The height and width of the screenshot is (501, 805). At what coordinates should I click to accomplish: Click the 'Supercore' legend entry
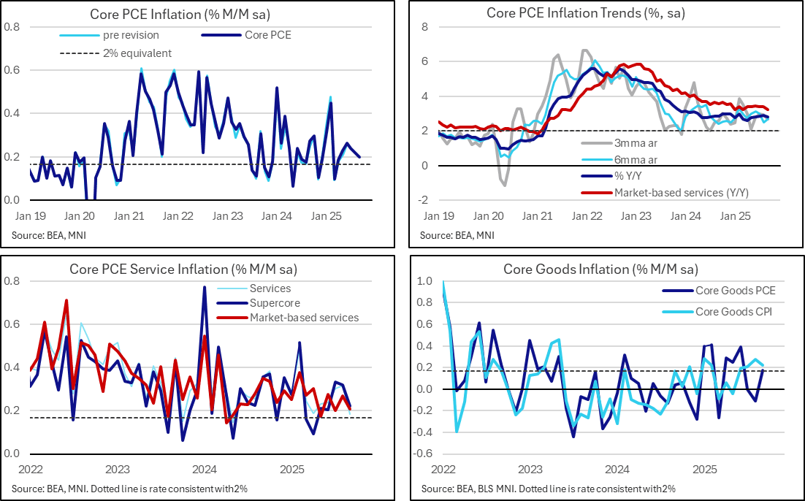point(275,303)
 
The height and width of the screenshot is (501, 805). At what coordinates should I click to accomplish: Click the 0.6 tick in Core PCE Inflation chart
point(12,70)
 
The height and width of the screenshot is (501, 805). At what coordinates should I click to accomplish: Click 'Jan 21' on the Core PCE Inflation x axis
point(128,216)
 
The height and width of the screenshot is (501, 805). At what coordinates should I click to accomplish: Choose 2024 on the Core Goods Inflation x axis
point(617,469)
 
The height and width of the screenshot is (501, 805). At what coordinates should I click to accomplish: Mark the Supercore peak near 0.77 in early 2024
point(204,287)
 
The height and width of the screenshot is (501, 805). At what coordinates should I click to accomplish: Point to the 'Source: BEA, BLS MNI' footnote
point(548,488)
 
